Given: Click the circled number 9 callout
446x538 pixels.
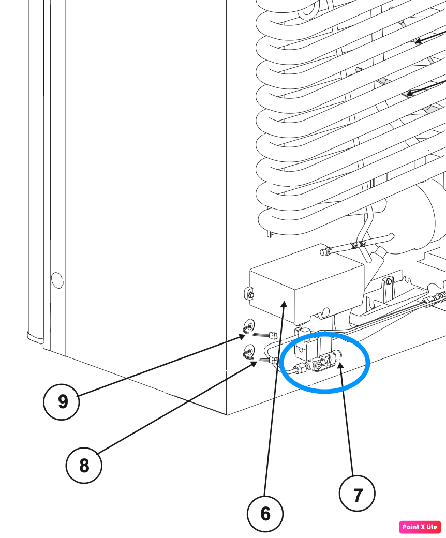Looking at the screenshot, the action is coord(62,402).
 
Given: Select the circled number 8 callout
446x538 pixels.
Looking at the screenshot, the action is coord(84,466).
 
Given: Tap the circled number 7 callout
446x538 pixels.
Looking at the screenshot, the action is coord(357,494).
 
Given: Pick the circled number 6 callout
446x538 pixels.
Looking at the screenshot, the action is coord(265,514).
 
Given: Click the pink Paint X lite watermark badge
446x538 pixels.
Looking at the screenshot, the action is coord(420,527).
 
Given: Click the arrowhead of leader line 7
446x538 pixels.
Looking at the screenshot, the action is coord(339,365).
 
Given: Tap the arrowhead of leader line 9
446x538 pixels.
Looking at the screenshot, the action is coord(242,337).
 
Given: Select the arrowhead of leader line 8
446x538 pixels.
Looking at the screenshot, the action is coord(254,364).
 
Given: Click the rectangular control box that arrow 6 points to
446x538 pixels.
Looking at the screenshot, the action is coord(306,288).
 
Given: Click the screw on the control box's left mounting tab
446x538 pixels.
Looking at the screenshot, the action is coord(251,295).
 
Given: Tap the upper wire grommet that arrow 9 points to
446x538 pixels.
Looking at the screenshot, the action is coord(249,325).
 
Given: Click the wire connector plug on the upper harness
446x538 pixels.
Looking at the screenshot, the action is coord(274,335).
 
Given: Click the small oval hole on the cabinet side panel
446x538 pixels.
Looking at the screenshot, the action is coord(57,280).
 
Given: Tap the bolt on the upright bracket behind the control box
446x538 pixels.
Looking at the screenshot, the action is coord(389,282).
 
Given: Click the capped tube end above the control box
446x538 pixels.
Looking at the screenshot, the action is coord(324,252).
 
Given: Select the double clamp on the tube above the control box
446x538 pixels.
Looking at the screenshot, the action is coord(358,245).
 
